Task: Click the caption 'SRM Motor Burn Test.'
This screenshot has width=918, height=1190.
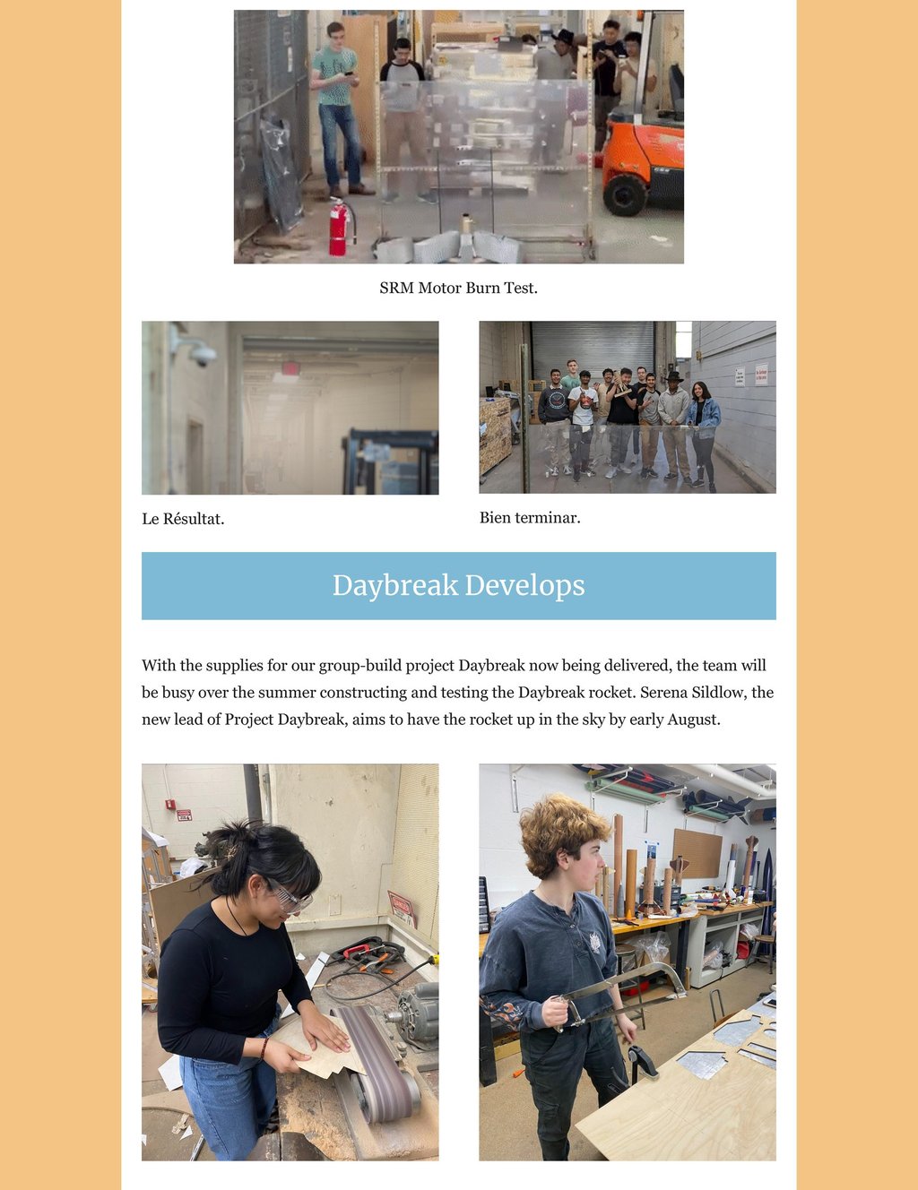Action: tap(458, 288)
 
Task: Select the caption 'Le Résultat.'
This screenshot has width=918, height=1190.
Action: tap(183, 519)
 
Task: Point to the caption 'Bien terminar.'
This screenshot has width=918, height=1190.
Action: tap(530, 518)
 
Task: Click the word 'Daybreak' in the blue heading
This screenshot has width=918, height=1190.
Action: tap(395, 585)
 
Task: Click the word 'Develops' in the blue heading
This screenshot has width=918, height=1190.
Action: tap(524, 585)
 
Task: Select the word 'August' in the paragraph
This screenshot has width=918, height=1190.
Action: tap(692, 720)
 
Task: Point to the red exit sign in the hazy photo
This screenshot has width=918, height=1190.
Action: tap(290, 368)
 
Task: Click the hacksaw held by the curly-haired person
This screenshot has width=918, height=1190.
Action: tap(619, 992)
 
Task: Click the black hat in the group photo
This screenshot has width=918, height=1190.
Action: tap(673, 376)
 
